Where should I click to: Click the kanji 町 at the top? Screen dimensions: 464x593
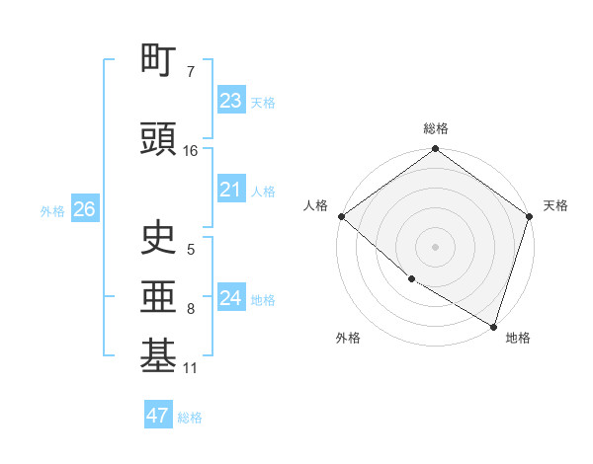click(159, 61)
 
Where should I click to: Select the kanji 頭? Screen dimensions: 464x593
click(159, 139)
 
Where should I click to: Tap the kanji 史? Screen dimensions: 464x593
click(159, 238)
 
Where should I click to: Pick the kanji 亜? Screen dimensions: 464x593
click(159, 297)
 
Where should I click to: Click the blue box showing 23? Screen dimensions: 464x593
click(230, 100)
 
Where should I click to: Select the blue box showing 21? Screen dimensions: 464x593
click(230, 190)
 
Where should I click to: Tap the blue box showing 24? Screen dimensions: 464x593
click(230, 298)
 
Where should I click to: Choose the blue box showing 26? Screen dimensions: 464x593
click(84, 209)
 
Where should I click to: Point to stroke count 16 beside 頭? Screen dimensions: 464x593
click(191, 151)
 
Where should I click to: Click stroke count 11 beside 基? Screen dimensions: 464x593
click(191, 368)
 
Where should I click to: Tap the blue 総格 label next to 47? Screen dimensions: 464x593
click(190, 418)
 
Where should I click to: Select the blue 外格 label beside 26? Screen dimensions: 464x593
click(52, 210)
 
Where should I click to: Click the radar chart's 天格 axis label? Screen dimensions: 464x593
click(555, 205)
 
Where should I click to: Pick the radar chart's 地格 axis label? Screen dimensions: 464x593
click(518, 338)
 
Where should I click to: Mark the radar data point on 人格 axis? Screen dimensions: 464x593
click(341, 216)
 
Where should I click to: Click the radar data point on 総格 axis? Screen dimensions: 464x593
click(435, 149)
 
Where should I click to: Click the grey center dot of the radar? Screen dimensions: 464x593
click(435, 247)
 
